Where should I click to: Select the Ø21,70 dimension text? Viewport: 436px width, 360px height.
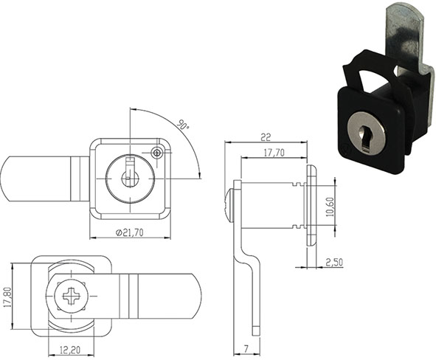point(130,232)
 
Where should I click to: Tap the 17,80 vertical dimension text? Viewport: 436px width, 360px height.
point(8,297)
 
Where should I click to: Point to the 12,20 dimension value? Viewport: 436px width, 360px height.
point(71,350)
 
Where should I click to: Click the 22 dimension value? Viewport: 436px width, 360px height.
point(266,136)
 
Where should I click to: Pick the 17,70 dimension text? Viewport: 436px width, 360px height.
point(274,153)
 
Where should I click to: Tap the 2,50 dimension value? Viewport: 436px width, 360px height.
point(333,263)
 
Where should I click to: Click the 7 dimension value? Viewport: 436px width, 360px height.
point(246,349)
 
